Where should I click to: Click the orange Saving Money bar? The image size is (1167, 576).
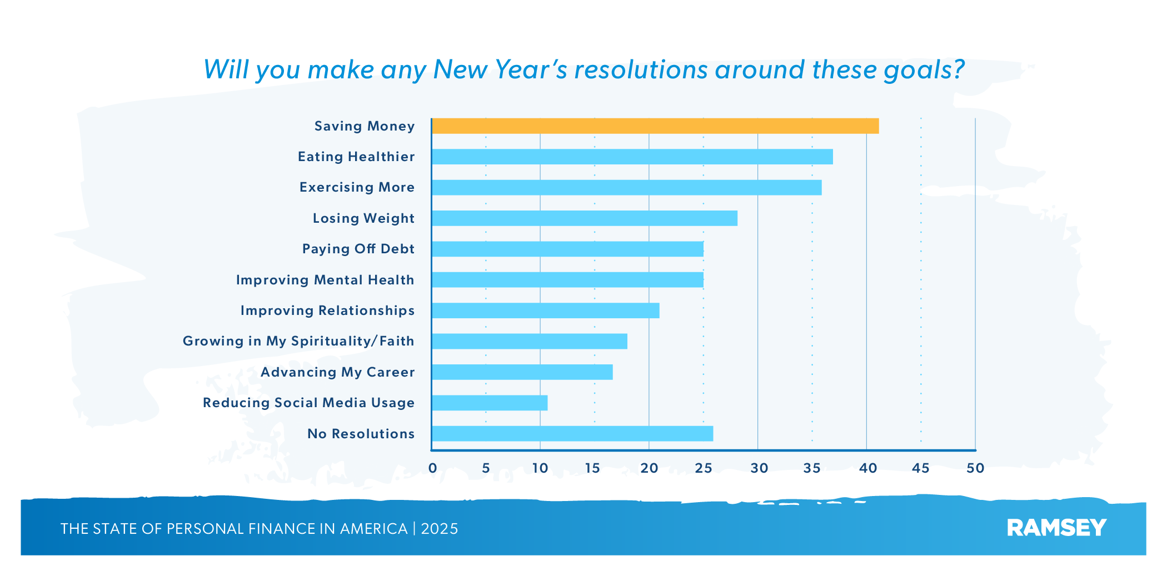coord(655,126)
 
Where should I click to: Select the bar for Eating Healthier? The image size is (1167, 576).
coord(632,157)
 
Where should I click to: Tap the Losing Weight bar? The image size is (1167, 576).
coord(584,218)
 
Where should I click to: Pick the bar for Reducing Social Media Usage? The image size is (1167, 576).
coord(489,403)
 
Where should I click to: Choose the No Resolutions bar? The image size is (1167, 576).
coord(572,434)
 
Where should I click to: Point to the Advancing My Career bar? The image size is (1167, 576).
coord(522,372)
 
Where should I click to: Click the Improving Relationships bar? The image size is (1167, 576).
coord(545,310)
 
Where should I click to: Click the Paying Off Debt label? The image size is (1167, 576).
coord(358,249)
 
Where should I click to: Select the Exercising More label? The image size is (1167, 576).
coord(357,187)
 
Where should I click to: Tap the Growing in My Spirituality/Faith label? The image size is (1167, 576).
coord(298,341)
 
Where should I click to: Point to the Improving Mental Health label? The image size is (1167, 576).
coord(325,280)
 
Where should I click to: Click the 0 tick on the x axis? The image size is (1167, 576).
coord(432,468)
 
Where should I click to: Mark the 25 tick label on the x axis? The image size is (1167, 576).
coord(703,468)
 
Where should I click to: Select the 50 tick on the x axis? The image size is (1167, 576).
coord(975,468)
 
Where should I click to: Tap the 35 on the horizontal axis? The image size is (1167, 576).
coord(812,468)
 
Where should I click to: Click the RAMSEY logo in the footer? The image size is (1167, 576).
coord(1056,528)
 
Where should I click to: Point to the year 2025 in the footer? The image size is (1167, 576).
coord(440,529)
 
